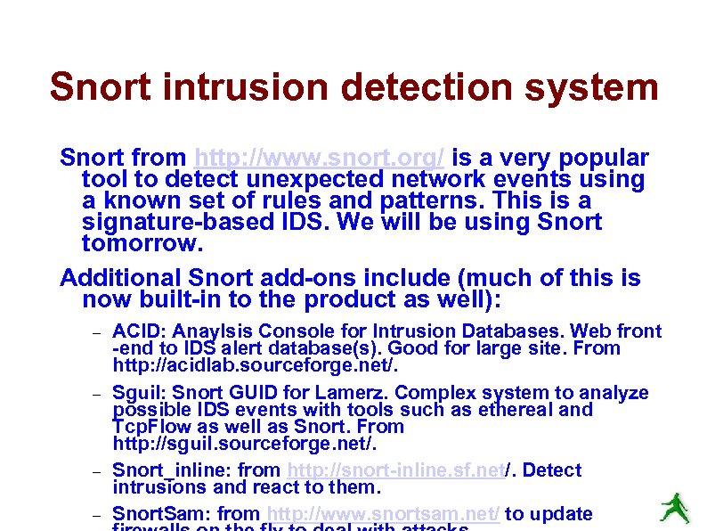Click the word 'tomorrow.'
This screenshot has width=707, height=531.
tap(139, 243)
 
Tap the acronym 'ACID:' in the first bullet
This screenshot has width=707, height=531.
tap(137, 331)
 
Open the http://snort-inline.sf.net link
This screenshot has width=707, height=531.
tap(394, 470)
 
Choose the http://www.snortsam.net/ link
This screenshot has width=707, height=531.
tap(383, 514)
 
